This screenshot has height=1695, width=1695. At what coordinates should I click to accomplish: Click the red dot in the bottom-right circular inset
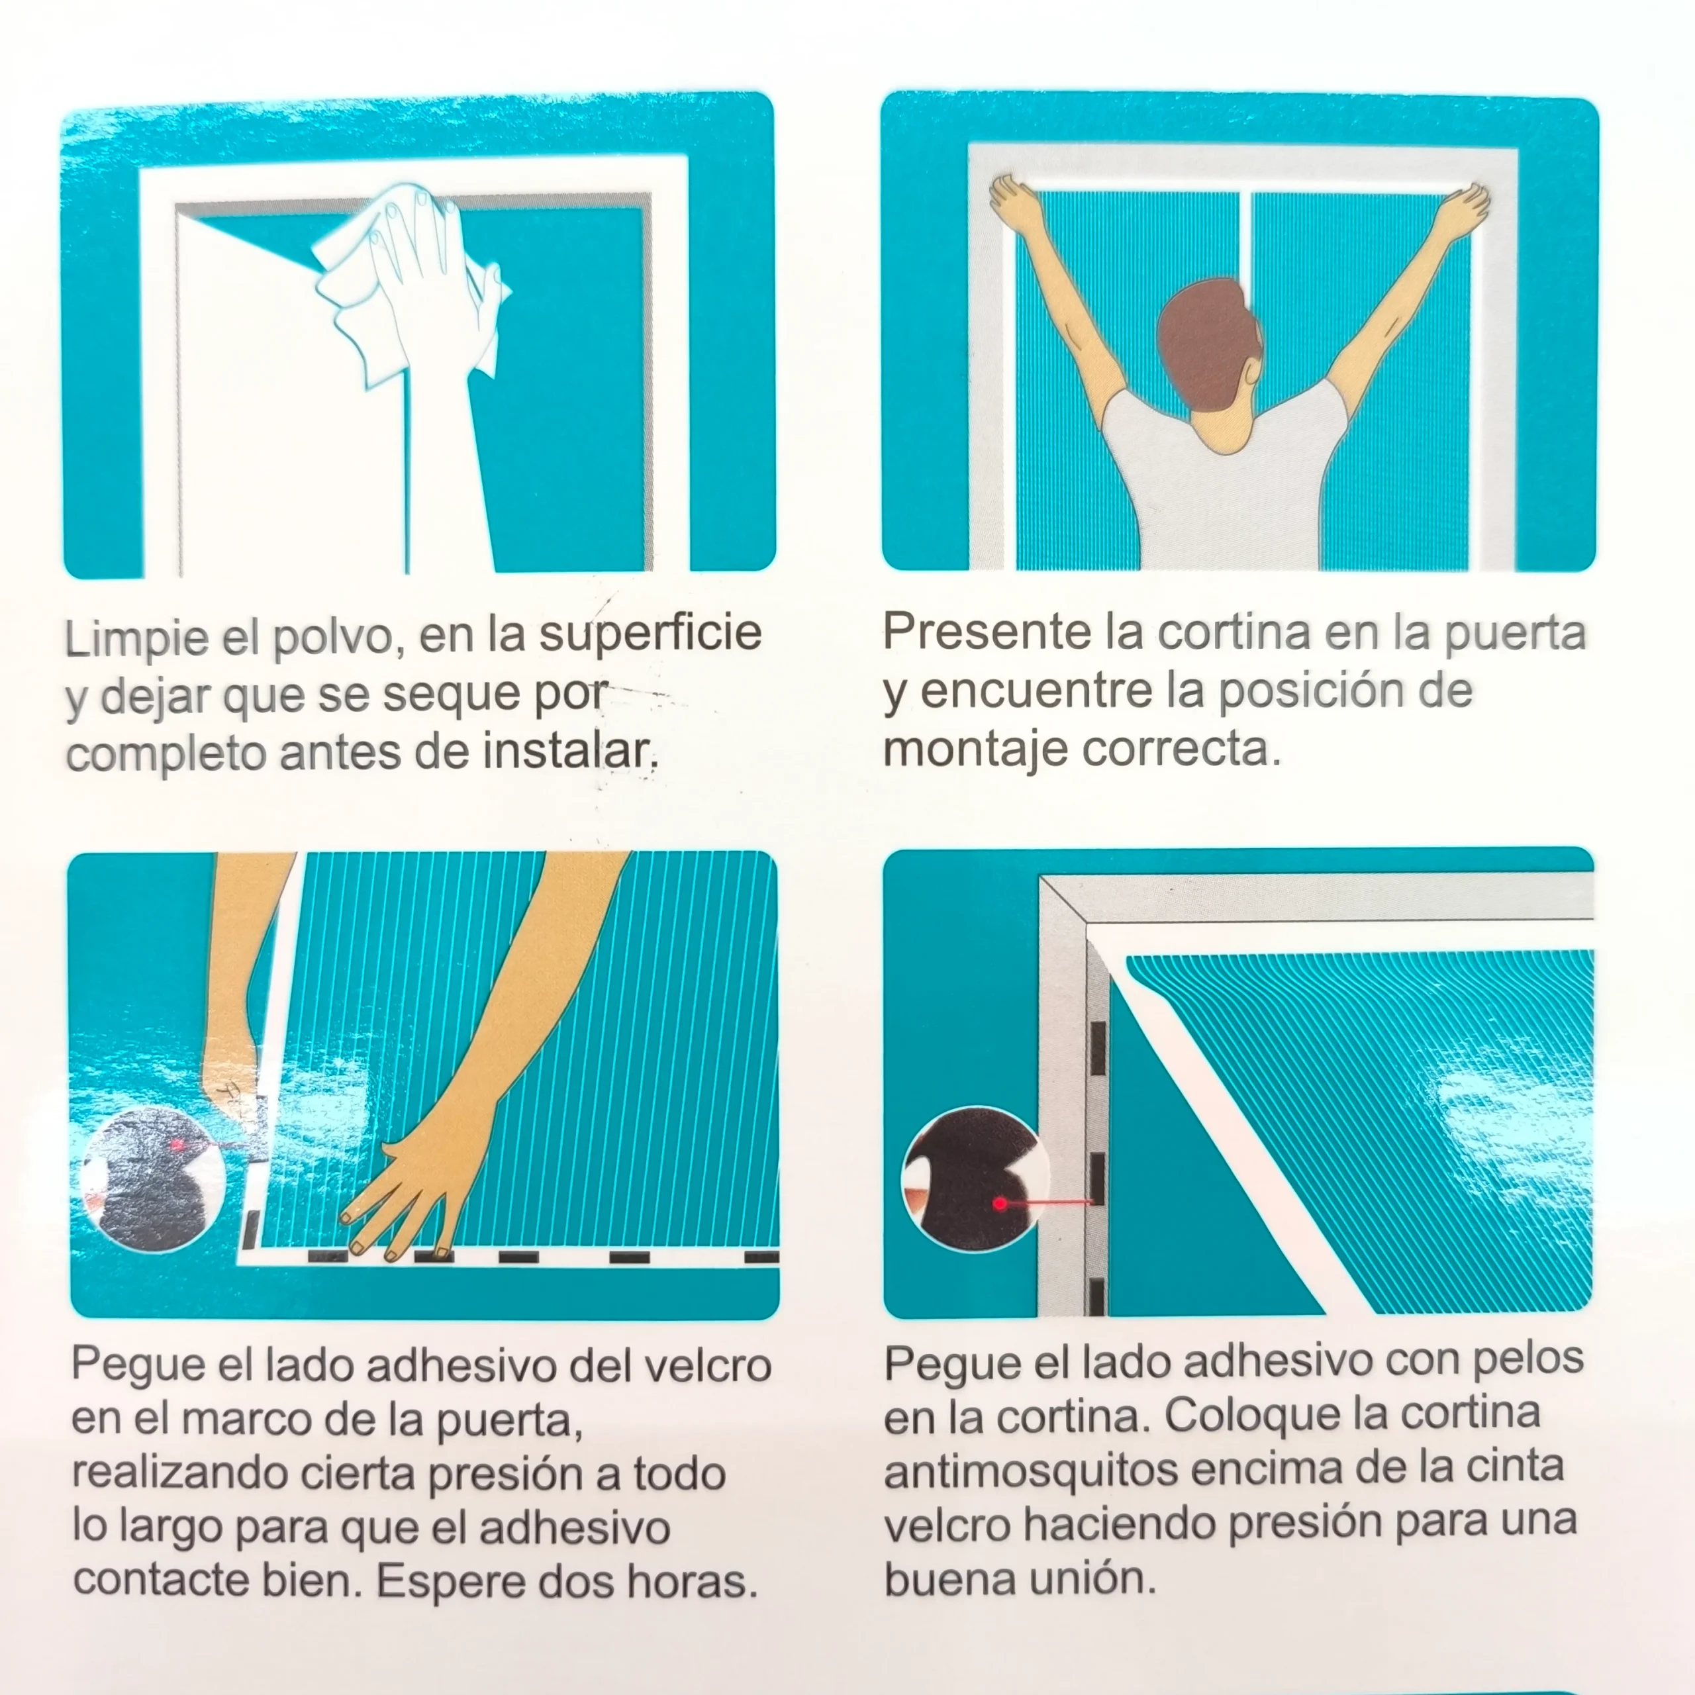tap(999, 1203)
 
